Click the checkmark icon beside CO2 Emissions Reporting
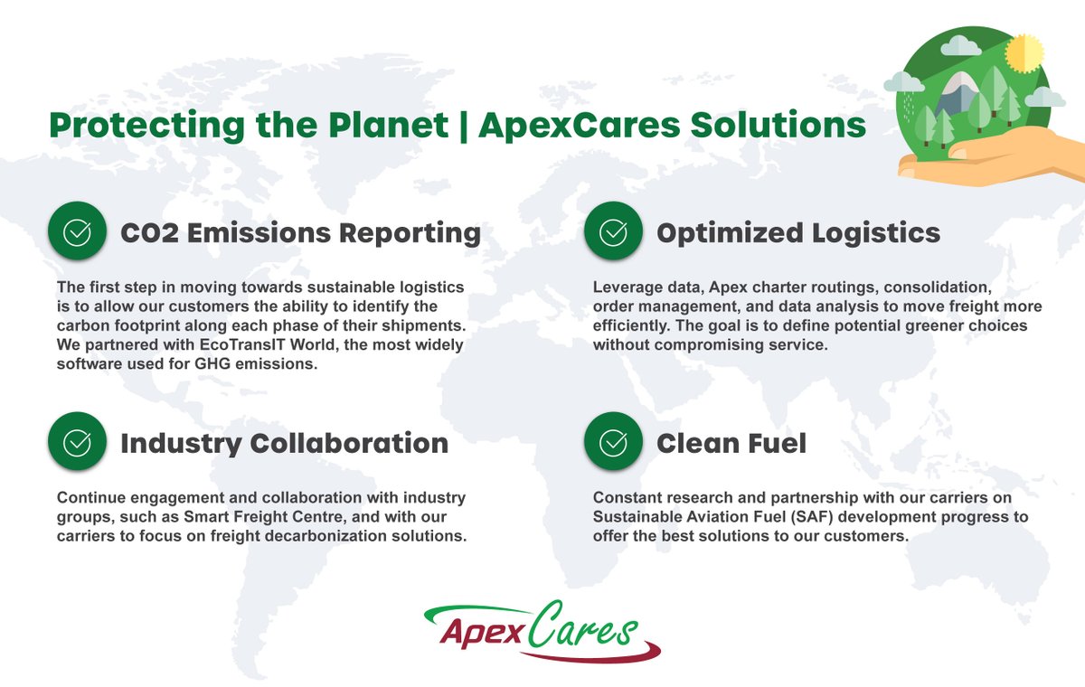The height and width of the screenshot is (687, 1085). tap(77, 232)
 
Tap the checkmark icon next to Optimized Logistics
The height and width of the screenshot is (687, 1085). tap(613, 232)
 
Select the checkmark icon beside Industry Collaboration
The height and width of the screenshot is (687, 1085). tap(77, 443)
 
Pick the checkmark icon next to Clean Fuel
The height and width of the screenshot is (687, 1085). tap(613, 443)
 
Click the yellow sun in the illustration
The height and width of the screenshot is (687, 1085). tap(1024, 51)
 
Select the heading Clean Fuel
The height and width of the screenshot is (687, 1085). tap(731, 443)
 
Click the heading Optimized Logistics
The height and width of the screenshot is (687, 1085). tap(798, 232)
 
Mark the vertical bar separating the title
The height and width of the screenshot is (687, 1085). tap(463, 125)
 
